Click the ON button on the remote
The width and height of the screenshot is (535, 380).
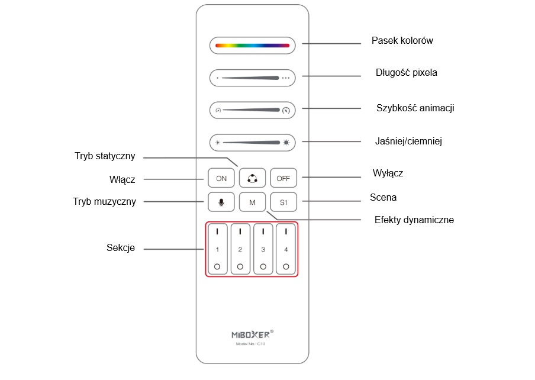(x=221, y=178)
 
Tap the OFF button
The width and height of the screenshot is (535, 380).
(x=283, y=178)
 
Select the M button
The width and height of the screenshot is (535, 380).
(x=252, y=202)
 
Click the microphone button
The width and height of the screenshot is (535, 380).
(x=221, y=202)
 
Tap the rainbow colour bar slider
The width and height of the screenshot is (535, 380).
(x=252, y=45)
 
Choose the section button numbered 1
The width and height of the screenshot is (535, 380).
(x=217, y=249)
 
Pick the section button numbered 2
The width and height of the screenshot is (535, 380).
(x=240, y=249)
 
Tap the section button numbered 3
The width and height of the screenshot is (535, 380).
(x=263, y=249)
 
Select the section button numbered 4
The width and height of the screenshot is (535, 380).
(x=286, y=249)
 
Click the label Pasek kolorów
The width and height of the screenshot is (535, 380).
(x=402, y=41)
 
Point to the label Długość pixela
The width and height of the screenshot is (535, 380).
(x=407, y=73)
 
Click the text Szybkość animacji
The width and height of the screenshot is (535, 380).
(x=415, y=108)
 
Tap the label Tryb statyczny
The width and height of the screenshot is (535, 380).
(x=105, y=156)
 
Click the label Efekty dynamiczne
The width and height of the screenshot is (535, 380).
(x=414, y=220)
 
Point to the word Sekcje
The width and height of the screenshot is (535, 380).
(x=120, y=248)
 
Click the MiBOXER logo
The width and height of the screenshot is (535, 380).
(x=252, y=334)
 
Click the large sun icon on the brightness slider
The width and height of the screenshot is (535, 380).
(x=286, y=142)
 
